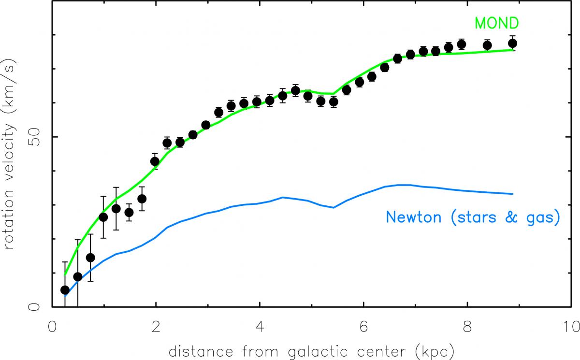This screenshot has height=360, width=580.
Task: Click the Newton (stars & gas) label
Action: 473,218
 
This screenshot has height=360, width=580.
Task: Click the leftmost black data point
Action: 65,290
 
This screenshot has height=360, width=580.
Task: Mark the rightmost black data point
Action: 513,43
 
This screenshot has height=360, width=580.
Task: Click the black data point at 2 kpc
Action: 155,161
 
